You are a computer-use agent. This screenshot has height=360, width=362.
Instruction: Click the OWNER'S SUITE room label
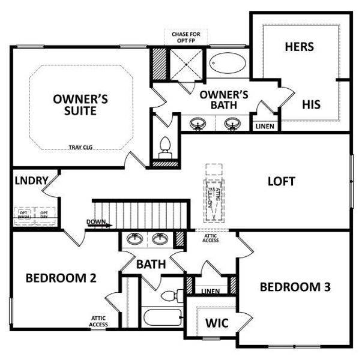click(x=80, y=106)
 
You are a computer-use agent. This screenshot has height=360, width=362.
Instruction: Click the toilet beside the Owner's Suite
click(x=164, y=148)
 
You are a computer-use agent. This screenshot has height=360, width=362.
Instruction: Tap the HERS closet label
click(x=300, y=46)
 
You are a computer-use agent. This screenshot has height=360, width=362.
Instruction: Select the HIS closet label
click(x=311, y=104)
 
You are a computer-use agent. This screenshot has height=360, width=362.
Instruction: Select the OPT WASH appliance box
click(x=24, y=215)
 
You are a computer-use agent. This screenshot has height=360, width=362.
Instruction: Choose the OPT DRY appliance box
click(x=44, y=215)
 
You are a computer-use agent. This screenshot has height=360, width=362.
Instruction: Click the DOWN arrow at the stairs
click(x=98, y=224)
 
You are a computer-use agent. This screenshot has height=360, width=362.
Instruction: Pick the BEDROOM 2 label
click(x=61, y=278)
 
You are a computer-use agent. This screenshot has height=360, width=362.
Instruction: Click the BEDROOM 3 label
click(x=295, y=287)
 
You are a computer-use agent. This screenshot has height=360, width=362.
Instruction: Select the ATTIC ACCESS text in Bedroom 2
click(x=99, y=321)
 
